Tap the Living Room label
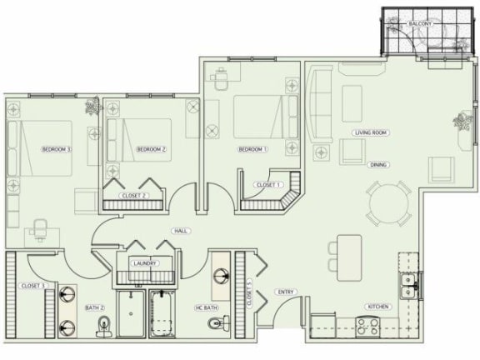pos(372,133)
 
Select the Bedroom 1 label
pos(252,149)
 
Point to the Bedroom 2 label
pos(152,149)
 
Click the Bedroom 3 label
pos(56,149)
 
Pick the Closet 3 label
pos(32,286)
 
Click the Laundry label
pos(145,263)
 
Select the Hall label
pos(179,231)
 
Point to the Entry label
pos(286,292)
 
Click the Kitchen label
pos(377,307)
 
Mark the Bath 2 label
pos(94,307)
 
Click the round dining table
pos(387,202)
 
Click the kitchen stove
pos(369,326)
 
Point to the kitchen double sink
pos(408,286)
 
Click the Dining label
pos(377,165)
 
